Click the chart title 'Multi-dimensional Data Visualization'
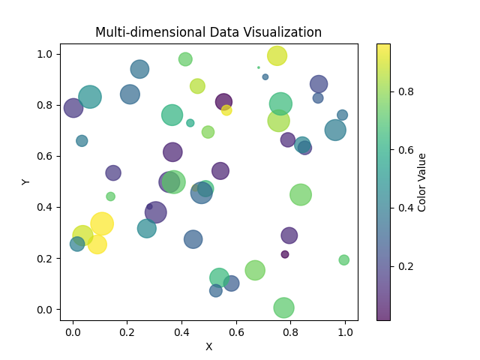pos(208,32)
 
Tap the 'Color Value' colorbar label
pos(422,181)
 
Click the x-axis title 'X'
pos(208,346)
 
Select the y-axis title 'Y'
pos(26,181)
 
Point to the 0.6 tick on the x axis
pos(236,321)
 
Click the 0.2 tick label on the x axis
pos(127,331)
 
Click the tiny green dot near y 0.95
pos(259,67)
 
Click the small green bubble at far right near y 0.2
pos(344,260)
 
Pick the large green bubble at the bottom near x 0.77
pos(283,307)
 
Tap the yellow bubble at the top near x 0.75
pos(277,55)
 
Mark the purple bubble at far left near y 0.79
pos(73,108)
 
